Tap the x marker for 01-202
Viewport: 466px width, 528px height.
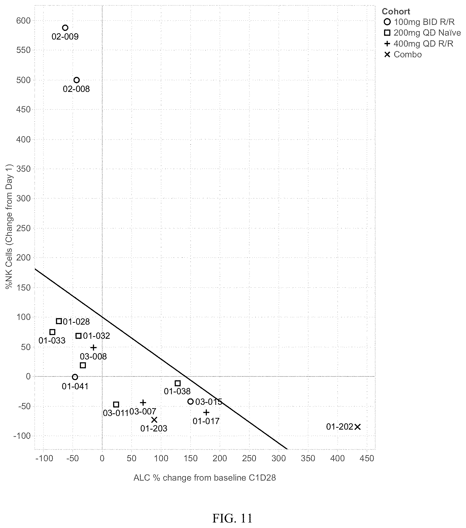pos(357,427)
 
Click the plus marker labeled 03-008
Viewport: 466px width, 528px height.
pos(93,348)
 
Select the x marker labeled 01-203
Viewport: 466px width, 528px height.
pos(154,420)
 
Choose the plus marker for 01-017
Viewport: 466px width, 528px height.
pos(206,413)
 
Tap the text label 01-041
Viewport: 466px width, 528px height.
pos(75,386)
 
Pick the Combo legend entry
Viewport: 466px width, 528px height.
pos(403,54)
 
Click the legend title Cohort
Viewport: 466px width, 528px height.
pos(396,12)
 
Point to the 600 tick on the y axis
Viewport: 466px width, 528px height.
pos(24,20)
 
